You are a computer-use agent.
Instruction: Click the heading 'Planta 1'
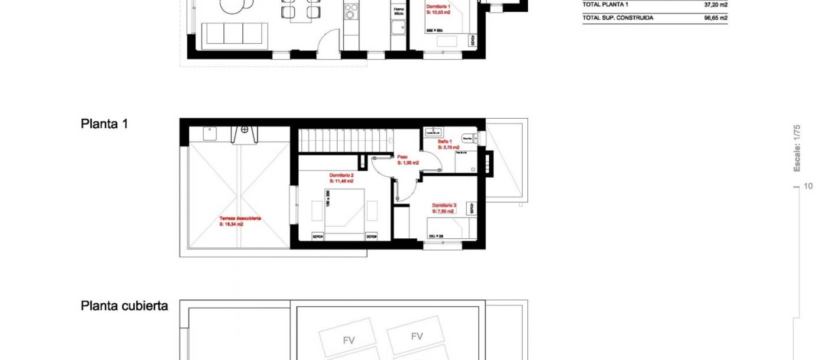point(104,124)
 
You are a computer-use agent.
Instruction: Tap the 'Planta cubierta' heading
point(124,306)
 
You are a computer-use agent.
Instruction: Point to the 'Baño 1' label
point(444,142)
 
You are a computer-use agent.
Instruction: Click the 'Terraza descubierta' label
point(240,218)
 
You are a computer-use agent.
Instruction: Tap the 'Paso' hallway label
point(402,157)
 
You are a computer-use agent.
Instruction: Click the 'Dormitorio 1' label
point(438,7)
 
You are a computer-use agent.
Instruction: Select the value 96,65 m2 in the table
point(715,18)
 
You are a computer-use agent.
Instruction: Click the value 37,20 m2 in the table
point(715,5)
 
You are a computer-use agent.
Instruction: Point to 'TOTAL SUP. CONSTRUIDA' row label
point(618,18)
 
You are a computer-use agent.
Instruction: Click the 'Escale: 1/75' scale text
point(797,148)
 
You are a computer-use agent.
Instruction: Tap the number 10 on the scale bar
point(808,186)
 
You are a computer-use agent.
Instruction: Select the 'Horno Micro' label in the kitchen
point(399,11)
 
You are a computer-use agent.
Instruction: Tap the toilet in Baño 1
point(468,138)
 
